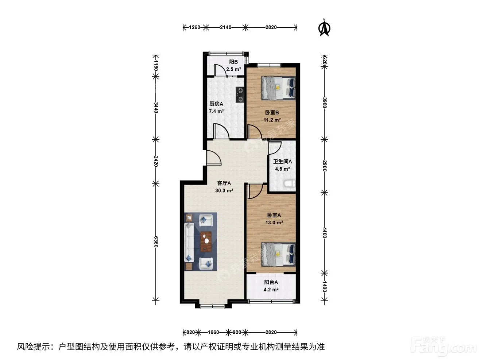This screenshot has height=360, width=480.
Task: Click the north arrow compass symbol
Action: pyautogui.click(x=324, y=28)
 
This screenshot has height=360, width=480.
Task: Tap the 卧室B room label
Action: pyautogui.click(x=272, y=113)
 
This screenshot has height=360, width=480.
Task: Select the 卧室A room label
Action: pyautogui.click(x=274, y=215)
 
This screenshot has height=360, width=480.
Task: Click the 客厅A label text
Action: pyautogui.click(x=224, y=183)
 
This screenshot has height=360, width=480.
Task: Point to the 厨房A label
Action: pyautogui.click(x=216, y=104)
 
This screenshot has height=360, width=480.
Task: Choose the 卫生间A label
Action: pyautogui.click(x=282, y=162)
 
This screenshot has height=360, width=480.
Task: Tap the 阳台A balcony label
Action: pyautogui.click(x=271, y=282)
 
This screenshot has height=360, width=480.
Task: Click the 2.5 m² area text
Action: pyautogui.click(x=233, y=69)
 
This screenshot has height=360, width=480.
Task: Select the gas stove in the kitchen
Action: pyautogui.click(x=240, y=94)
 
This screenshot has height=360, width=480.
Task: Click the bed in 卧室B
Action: pyautogui.click(x=279, y=88)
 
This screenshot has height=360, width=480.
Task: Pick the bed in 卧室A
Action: pyautogui.click(x=279, y=254)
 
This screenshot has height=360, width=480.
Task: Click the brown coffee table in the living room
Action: pyautogui.click(x=206, y=241)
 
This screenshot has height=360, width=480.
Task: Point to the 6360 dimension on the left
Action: pyautogui.click(x=156, y=241)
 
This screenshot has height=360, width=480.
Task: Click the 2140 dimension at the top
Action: pyautogui.click(x=225, y=27)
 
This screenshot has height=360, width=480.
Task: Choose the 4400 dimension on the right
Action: pyautogui.click(x=325, y=233)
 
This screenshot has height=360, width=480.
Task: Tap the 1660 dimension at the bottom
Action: pyautogui.click(x=213, y=332)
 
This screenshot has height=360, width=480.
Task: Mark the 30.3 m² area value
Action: pyautogui.click(x=224, y=190)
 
